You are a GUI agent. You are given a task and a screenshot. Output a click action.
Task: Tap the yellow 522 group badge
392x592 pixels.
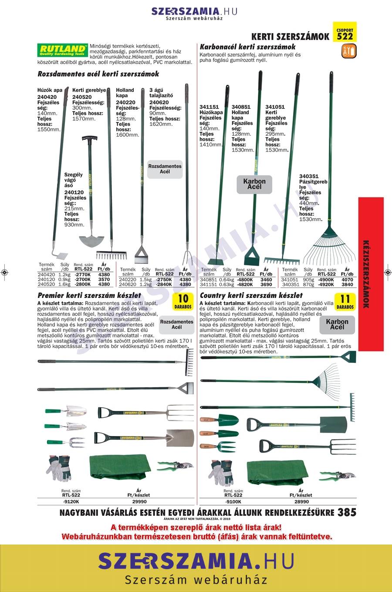[345, 32]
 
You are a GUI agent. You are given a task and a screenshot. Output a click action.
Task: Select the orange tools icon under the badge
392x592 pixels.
[349, 51]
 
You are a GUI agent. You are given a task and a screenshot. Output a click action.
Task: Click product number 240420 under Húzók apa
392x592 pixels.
[47, 97]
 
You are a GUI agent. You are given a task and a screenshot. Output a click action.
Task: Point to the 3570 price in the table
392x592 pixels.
[104, 280]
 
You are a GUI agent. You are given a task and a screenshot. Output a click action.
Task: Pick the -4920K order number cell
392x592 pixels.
[325, 284]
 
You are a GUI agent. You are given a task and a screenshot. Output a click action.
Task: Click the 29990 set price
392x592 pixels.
[139, 502]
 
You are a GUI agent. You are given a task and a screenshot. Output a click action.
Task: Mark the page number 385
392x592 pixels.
[347, 512]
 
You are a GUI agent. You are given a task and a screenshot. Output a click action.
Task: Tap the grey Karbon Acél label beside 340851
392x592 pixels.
[254, 184]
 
